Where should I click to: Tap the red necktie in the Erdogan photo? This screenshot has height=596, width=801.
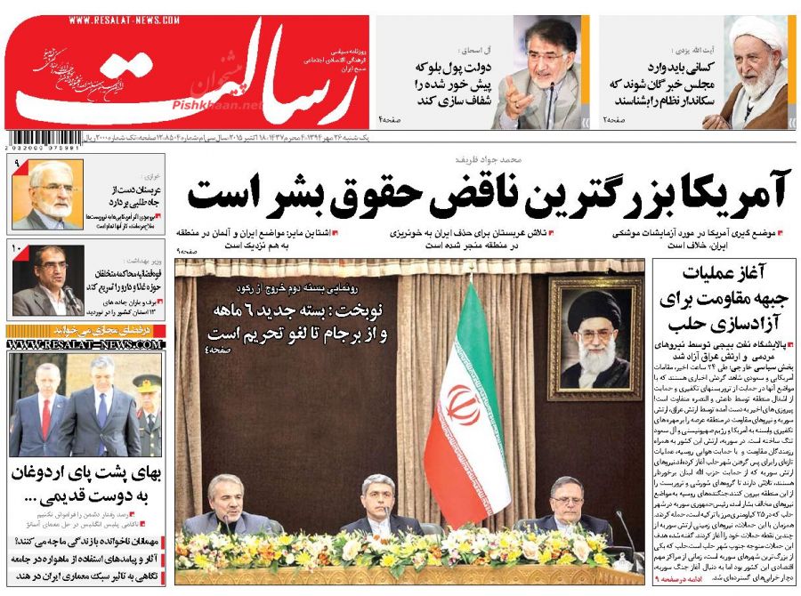(46, 417)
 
